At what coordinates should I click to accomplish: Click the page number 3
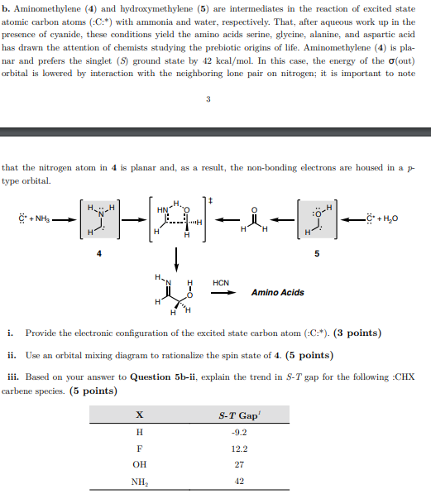pyautogui.click(x=208, y=100)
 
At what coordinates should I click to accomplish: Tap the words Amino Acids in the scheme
pyautogui.click(x=277, y=292)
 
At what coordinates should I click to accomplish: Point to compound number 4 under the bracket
pyautogui.click(x=99, y=254)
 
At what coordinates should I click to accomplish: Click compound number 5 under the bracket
pyautogui.click(x=315, y=254)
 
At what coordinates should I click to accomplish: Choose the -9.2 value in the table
pyautogui.click(x=239, y=432)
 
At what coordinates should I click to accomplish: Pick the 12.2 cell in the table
pyautogui.click(x=239, y=448)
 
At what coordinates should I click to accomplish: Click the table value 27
pyautogui.click(x=239, y=464)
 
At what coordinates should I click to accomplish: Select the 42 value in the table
pyautogui.click(x=239, y=481)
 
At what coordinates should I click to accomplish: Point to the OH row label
pyautogui.click(x=139, y=464)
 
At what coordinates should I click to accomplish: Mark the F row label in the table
pyautogui.click(x=139, y=448)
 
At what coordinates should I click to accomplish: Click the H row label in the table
pyautogui.click(x=139, y=432)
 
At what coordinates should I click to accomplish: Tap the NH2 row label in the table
pyautogui.click(x=139, y=481)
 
